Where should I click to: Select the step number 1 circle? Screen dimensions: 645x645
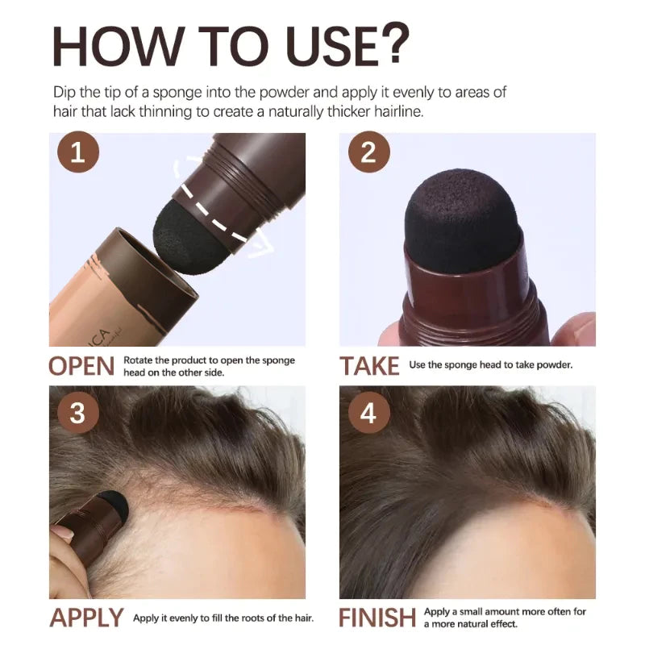pos(77,153)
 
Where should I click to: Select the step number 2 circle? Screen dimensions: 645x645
pos(368,153)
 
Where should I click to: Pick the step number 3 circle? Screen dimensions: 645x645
pos(77,413)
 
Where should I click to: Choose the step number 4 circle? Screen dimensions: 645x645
pos(368,413)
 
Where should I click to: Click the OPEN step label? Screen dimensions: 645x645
pos(81,366)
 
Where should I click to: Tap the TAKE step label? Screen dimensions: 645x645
pos(369,366)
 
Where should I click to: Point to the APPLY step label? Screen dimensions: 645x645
pos(87,618)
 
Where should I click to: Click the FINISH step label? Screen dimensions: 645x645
pos(378,618)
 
